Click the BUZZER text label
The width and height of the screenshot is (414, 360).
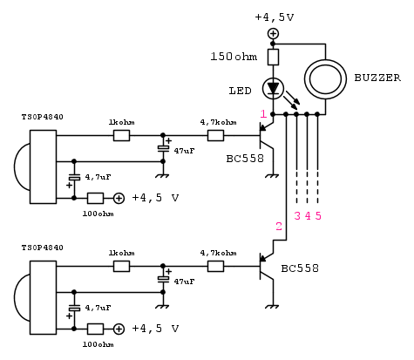[377, 78]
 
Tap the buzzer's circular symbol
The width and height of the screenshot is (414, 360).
[325, 60]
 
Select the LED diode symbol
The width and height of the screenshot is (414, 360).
[273, 88]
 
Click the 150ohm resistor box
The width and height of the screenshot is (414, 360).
[273, 57]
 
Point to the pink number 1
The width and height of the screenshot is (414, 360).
[263, 114]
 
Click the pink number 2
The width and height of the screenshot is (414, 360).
[279, 227]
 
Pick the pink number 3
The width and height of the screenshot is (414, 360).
[297, 216]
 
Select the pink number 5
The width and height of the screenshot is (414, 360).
[318, 216]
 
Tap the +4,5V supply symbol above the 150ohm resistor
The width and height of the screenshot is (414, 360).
[273, 33]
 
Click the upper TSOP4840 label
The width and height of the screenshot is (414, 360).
[43, 117]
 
